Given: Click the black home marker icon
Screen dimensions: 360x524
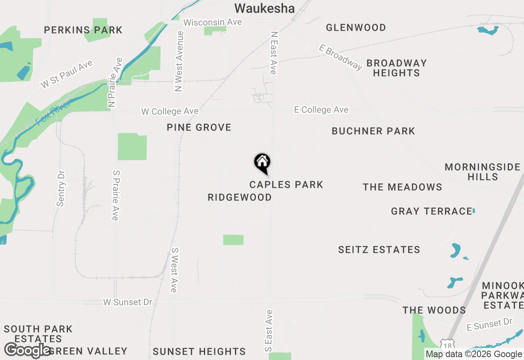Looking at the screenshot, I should coord(262,163).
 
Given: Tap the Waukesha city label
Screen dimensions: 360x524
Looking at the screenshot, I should coord(264,8).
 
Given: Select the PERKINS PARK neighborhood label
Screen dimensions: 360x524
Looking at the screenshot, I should coord(83,30).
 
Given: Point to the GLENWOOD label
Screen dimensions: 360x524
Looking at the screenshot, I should coord(356,27).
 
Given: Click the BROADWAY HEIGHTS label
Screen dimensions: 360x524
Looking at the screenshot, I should coord(396,68).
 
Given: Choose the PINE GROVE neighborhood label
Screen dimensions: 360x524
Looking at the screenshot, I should coord(199,128).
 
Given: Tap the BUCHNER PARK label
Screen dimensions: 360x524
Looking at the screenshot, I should coord(373,131).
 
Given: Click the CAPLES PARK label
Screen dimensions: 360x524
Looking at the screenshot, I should coord(286,184).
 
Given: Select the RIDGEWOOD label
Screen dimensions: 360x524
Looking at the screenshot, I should coord(239,197).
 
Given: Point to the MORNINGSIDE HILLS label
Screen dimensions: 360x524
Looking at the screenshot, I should coord(482,172).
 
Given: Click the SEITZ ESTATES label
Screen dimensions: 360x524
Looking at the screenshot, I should coord(379,250).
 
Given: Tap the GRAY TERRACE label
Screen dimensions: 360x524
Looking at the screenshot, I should coord(431,211).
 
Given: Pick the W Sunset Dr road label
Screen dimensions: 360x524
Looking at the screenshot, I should coord(128,302).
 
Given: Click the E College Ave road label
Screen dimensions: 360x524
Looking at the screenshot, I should coord(321,110).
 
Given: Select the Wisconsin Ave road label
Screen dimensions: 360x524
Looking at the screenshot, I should coord(213,22).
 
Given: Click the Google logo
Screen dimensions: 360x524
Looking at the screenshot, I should coord(27,350).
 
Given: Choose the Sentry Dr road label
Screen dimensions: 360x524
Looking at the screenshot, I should coord(61,189).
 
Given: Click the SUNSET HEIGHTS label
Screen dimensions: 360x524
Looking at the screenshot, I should coord(199,351).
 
